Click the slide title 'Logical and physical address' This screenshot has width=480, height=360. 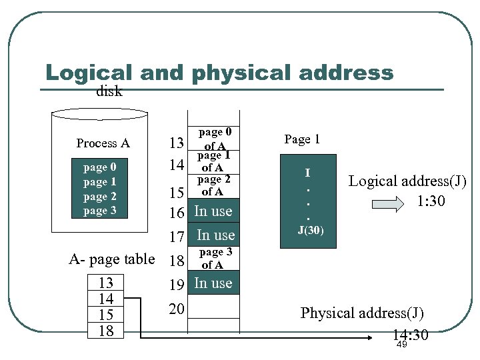point(219,73)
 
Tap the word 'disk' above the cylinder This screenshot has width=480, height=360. point(109,92)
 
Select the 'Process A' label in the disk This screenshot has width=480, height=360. point(103,143)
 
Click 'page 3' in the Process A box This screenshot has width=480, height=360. point(99,211)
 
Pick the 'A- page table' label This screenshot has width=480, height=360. point(112,259)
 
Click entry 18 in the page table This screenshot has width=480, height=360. point(105,331)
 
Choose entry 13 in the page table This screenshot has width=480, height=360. point(105,283)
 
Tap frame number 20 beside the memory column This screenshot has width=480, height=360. point(176,309)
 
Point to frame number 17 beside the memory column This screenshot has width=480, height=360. point(176,236)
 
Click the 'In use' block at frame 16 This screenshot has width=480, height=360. point(213,211)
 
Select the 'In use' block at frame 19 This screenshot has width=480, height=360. point(213,283)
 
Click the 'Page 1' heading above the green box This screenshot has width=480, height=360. point(302,139)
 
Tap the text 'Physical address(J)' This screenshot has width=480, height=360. point(362,313)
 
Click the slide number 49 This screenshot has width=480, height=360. point(401,345)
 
